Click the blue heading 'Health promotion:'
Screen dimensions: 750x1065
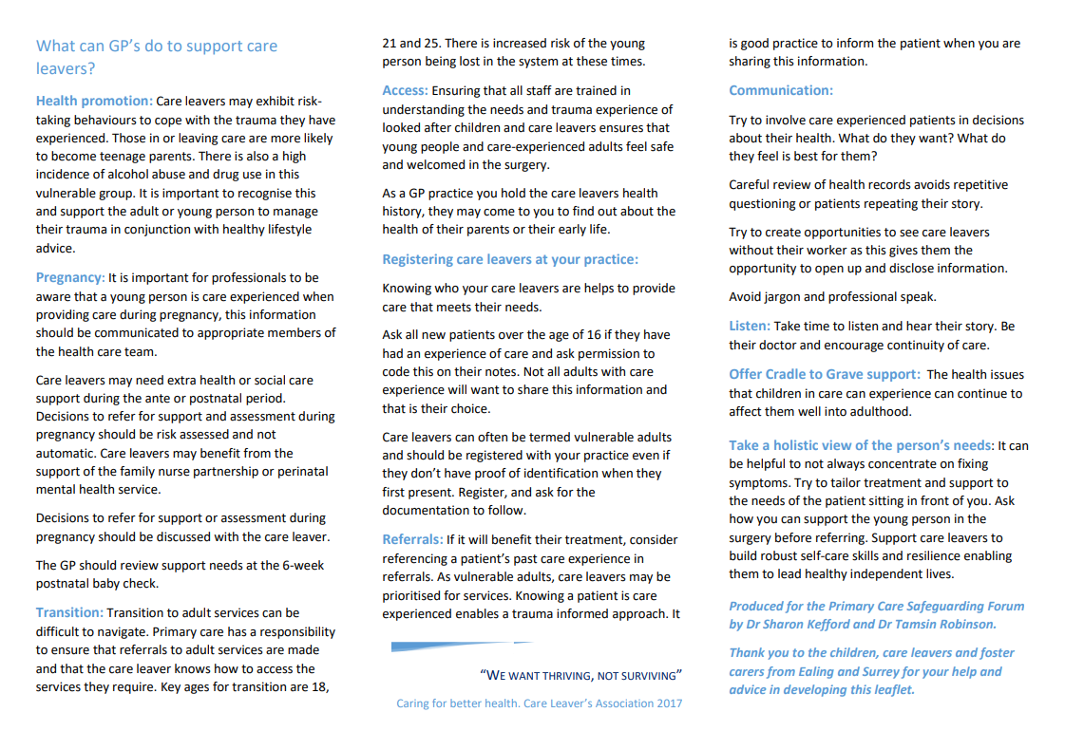[x=94, y=101]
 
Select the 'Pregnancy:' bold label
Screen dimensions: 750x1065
[x=70, y=277]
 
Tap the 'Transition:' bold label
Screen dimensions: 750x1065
[x=69, y=612]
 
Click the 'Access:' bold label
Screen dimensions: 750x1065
[x=405, y=91]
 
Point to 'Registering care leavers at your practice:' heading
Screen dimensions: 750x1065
[x=510, y=259]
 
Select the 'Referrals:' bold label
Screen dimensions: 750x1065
[x=412, y=539]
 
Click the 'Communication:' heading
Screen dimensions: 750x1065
[x=781, y=90]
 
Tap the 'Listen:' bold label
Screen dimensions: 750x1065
[x=750, y=326]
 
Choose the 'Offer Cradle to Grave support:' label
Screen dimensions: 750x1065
[x=824, y=374]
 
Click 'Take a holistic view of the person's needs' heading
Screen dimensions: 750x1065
[x=861, y=445]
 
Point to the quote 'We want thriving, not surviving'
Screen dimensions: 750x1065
[x=581, y=676]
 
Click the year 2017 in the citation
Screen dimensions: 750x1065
[x=667, y=703]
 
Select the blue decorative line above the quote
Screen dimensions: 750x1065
[x=462, y=646]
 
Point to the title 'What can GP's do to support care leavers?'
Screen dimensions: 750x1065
[x=157, y=57]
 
